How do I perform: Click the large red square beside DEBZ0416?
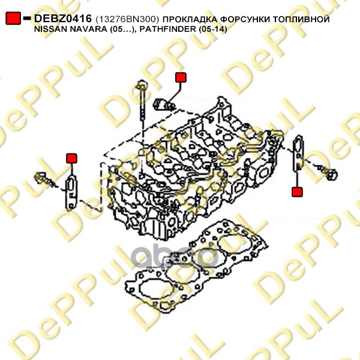13,18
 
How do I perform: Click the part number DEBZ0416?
63,19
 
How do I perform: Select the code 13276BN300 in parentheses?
127,19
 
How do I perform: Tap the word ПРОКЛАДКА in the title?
190,19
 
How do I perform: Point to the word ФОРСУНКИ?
245,19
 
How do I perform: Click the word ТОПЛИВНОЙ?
301,19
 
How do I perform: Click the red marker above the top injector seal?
181,77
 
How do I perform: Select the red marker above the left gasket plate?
71,158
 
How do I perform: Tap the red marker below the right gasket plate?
297,192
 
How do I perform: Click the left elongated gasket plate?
71,193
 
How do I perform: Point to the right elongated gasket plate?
298,153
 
